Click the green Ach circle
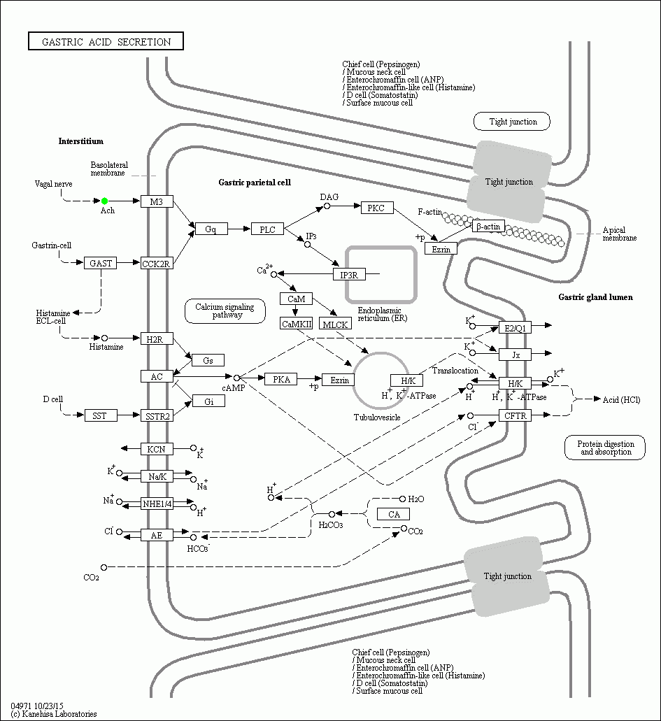105,201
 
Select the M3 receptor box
157,201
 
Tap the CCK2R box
157,264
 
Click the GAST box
100,264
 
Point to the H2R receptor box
157,339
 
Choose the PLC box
267,229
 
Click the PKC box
377,207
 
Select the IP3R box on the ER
349,275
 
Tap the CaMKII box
296,324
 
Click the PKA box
281,379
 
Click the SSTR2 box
157,416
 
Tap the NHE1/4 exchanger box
157,504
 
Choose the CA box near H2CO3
393,515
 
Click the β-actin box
488,227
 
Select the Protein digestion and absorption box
606,448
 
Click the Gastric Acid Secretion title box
106,42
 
